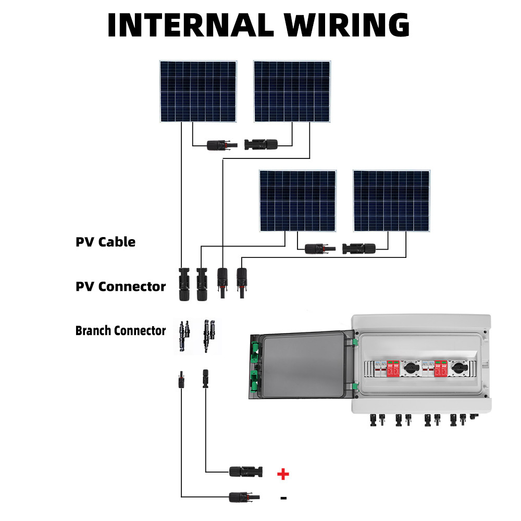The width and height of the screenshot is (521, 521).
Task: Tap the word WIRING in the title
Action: [x=351, y=24]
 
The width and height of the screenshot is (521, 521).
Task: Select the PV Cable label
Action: [x=105, y=242]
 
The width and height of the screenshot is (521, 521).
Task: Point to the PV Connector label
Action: [x=120, y=286]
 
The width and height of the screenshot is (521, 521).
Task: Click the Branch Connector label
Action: [x=120, y=330]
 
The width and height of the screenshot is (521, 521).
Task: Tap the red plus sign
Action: [x=283, y=474]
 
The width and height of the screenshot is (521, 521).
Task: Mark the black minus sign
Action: [x=283, y=498]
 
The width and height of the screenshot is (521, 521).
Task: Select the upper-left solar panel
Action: [x=198, y=92]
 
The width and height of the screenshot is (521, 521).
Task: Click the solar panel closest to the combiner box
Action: [x=391, y=201]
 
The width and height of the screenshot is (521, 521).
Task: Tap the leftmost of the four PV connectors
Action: [x=184, y=284]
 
